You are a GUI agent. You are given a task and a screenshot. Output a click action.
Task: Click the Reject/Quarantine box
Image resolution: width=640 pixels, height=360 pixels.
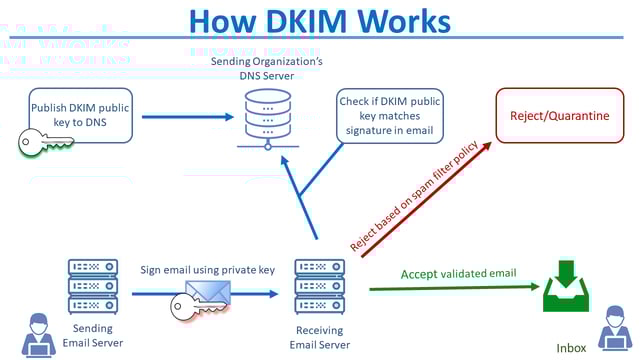pos(559,116)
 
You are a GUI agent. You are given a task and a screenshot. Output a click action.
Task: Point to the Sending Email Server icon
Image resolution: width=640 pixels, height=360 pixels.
pos(93,285)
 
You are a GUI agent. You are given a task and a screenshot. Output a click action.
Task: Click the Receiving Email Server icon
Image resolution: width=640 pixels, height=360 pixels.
pos(319,285)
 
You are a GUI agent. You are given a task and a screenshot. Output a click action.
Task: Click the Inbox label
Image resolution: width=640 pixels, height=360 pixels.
pos(570,347)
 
